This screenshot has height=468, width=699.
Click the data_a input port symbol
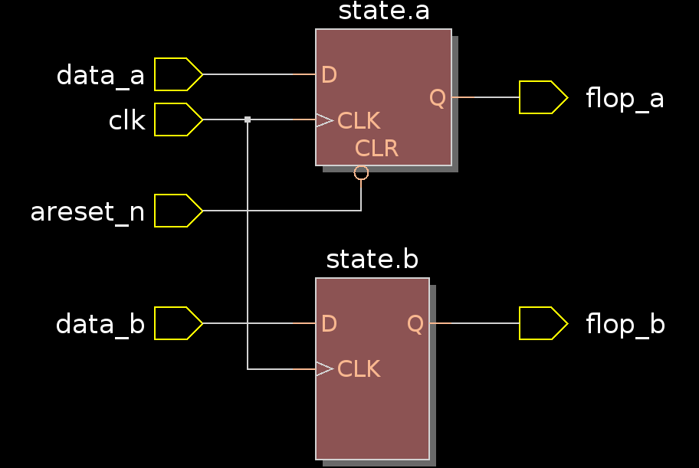coord(178,74)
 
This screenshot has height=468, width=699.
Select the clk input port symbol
coord(178,119)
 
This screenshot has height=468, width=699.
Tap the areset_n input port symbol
coord(178,211)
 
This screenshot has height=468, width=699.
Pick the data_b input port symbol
coord(178,323)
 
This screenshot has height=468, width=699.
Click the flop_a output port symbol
coord(543,97)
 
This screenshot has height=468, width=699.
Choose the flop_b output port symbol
coord(543,323)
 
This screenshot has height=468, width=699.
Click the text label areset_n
coord(87,212)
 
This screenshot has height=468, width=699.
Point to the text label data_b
coord(100,325)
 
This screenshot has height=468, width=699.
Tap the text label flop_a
coord(625,99)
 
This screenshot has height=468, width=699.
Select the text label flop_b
coord(625,325)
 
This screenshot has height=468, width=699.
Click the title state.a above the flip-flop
coord(383,11)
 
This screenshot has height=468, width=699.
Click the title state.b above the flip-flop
coord(372,260)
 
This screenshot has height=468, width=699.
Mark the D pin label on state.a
coord(329,75)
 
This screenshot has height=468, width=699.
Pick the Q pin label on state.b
coord(415,324)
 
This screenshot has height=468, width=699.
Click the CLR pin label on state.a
coord(376,149)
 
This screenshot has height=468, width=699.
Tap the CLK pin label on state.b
coord(359,369)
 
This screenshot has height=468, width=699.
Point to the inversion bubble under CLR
coord(361,172)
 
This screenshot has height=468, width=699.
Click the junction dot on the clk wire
coord(248,119)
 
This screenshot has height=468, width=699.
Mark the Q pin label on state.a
coord(437,98)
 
